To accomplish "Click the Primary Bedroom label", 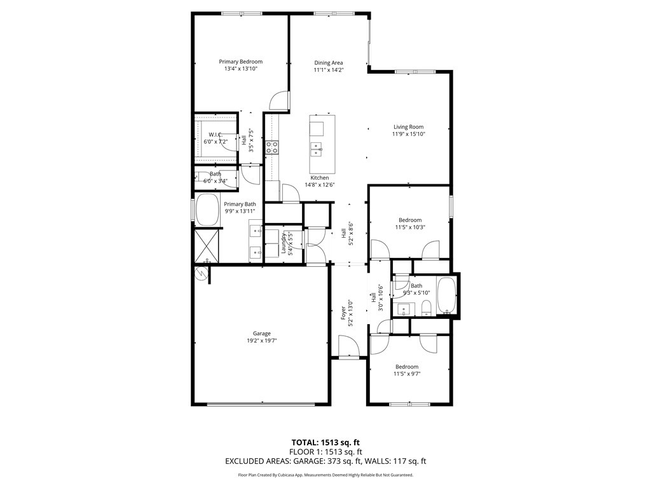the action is click(x=241, y=62).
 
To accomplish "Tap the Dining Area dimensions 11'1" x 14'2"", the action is click(x=329, y=70).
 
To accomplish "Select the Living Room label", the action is click(x=409, y=127).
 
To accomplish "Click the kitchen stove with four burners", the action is click(x=272, y=147).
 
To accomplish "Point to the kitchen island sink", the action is click(x=317, y=149).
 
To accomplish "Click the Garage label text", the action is click(x=261, y=333).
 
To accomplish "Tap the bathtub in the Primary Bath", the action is click(x=207, y=210).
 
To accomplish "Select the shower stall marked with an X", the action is click(x=207, y=245).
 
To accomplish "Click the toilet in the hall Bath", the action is click(x=427, y=308).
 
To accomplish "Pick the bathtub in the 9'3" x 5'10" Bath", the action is click(x=447, y=295).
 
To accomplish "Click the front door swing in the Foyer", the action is click(x=348, y=346).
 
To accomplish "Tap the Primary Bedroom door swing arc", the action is click(x=278, y=100).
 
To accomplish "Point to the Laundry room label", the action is click(x=284, y=243).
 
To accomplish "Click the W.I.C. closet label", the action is click(x=216, y=135).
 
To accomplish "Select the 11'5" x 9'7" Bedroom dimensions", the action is click(x=407, y=374).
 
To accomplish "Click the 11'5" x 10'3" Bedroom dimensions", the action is click(x=410, y=227).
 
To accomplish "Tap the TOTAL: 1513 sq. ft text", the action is click(x=325, y=442).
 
